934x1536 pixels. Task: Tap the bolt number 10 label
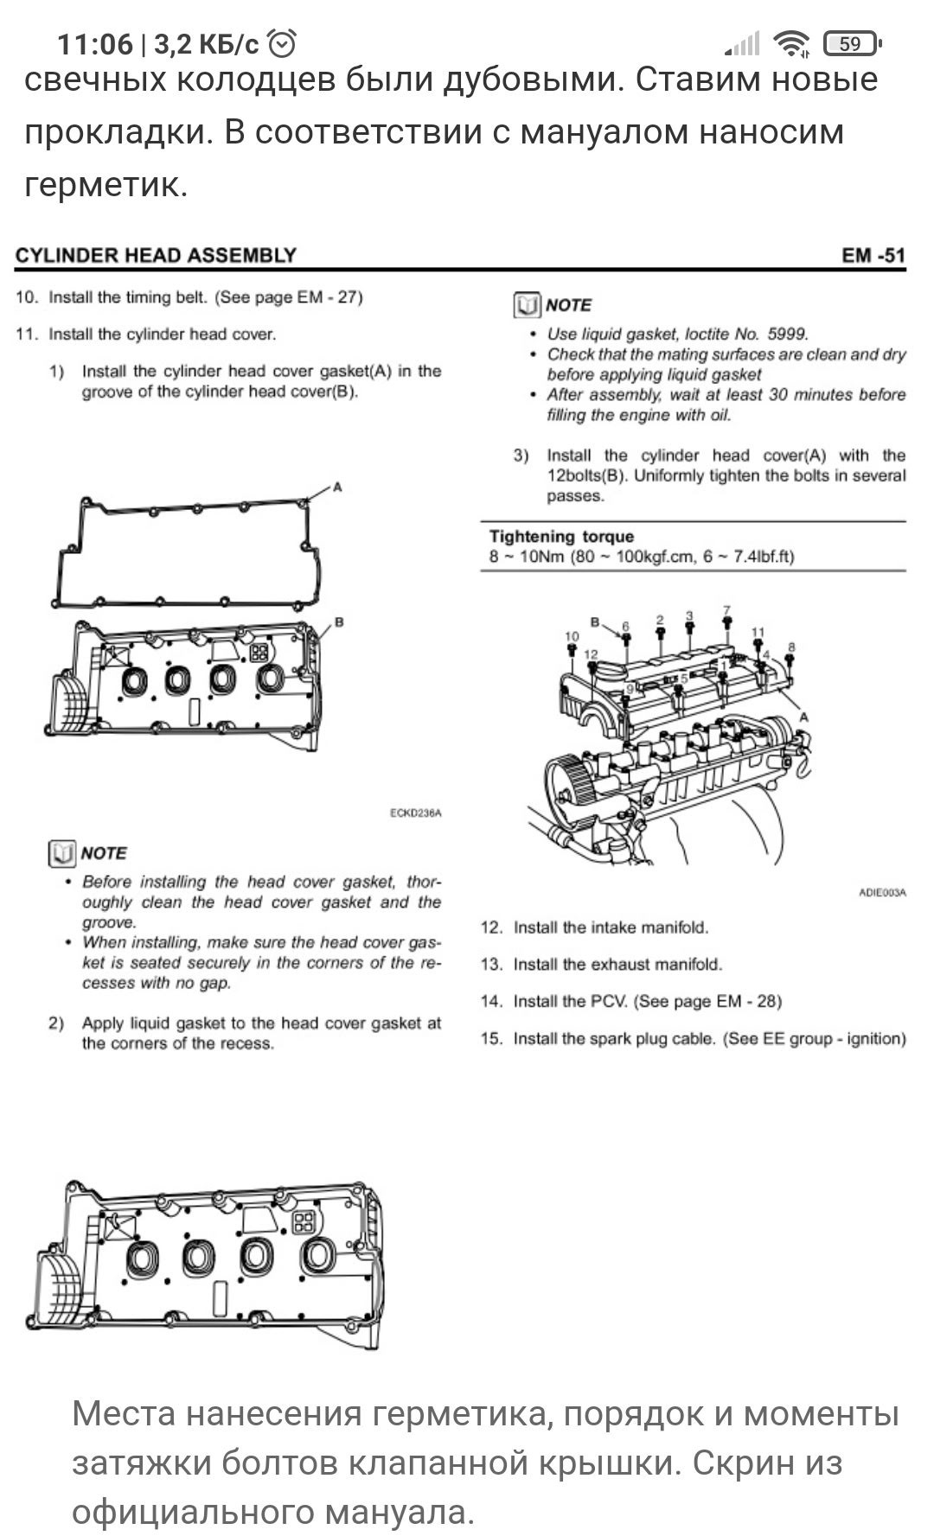571,637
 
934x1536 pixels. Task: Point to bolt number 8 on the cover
790,647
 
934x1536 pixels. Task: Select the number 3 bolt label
689,616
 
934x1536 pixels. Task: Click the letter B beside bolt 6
595,621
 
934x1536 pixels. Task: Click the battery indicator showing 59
851,43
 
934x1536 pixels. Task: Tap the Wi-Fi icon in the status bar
790,43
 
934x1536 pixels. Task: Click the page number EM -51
873,255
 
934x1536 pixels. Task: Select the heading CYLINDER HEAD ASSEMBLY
156,255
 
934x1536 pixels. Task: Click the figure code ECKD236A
416,813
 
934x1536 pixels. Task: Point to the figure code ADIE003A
882,893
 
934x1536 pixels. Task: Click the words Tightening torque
561,537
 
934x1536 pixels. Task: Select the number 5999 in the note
787,334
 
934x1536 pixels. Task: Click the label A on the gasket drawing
338,488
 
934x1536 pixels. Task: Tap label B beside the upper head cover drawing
339,621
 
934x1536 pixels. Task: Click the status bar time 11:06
95,44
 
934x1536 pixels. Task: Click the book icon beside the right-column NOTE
527,305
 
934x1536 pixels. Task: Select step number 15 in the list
491,1039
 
